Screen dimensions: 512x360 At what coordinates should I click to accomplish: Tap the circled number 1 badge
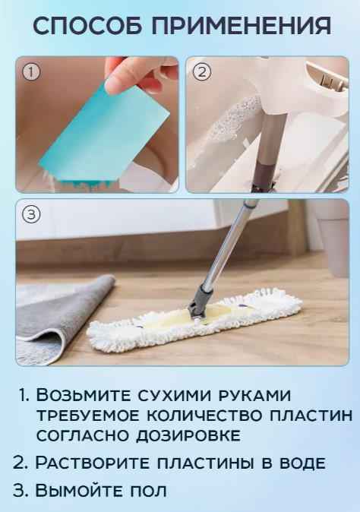point(31,73)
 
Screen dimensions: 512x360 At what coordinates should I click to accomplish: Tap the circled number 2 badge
point(201,73)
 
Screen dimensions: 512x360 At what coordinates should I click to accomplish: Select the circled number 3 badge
point(31,215)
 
